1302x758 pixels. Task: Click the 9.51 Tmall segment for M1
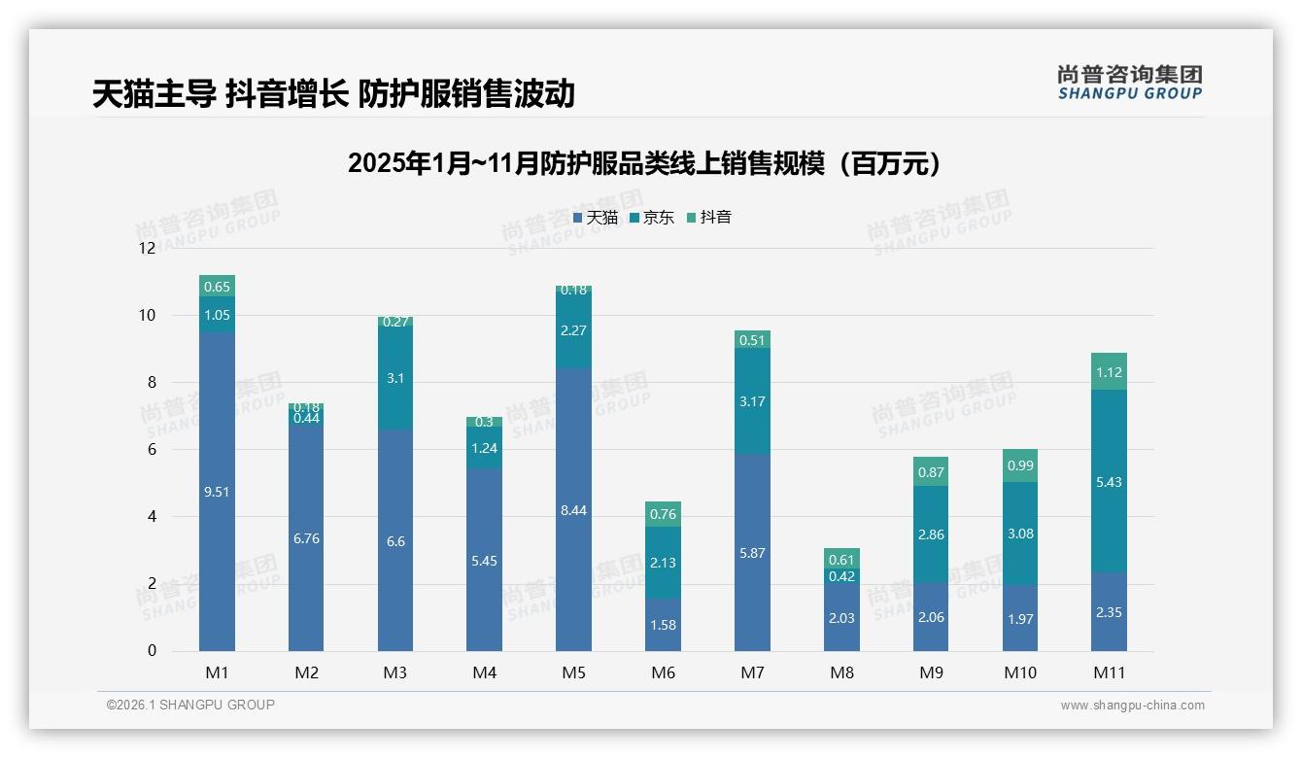tap(217, 491)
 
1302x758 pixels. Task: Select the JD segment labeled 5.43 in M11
tap(1109, 481)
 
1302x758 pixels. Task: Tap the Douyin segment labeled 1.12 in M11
tap(1109, 371)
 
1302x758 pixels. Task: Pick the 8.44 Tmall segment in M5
tap(573, 509)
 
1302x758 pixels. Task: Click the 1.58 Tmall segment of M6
tap(663, 624)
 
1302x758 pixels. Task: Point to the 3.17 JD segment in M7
tap(752, 400)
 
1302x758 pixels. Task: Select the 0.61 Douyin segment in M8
tap(841, 558)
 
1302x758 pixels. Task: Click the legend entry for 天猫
tap(596, 218)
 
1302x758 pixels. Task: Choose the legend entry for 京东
tap(652, 218)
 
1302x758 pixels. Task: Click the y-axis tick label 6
tap(151, 449)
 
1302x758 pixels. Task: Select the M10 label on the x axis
tap(1019, 672)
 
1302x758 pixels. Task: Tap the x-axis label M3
tap(394, 672)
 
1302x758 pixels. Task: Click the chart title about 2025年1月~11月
tap(644, 163)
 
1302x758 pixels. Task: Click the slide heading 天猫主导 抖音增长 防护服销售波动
tap(333, 93)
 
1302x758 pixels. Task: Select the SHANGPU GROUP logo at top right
tap(1129, 83)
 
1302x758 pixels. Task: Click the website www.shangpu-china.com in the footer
tap(1132, 706)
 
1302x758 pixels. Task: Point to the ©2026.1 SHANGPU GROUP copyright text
tap(190, 705)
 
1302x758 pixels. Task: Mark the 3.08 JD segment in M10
tap(1019, 533)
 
